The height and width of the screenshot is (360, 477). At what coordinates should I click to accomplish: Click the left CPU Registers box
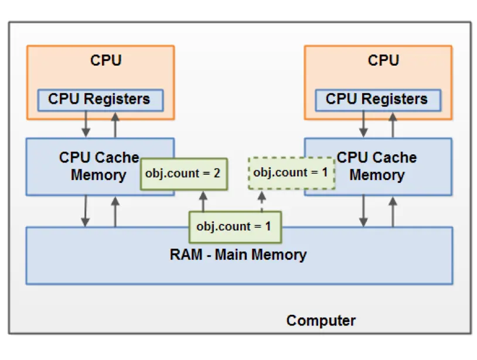99,99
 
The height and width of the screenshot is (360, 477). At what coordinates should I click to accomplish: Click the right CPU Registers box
377,99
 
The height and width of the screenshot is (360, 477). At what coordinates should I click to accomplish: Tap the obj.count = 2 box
183,174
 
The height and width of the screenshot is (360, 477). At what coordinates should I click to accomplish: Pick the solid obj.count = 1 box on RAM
234,226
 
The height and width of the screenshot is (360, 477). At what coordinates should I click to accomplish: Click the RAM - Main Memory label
238,255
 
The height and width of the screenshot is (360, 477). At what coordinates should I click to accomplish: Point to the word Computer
321,321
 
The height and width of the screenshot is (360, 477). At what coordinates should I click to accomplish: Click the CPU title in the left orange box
106,60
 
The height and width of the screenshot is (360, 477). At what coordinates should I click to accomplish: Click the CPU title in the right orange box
384,60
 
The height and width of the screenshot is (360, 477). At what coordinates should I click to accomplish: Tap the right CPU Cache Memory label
377,166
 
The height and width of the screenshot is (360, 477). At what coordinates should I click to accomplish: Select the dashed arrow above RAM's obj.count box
262,201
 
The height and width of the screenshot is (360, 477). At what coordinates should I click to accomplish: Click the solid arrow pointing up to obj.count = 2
203,201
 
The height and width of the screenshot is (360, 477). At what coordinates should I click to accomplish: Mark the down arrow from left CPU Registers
86,124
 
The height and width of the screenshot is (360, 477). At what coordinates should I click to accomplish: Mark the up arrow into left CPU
115,124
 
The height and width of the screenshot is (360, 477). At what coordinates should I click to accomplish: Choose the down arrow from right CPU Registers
364,124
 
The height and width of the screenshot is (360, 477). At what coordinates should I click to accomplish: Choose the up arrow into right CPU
393,124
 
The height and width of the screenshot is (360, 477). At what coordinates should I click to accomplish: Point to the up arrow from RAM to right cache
393,211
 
